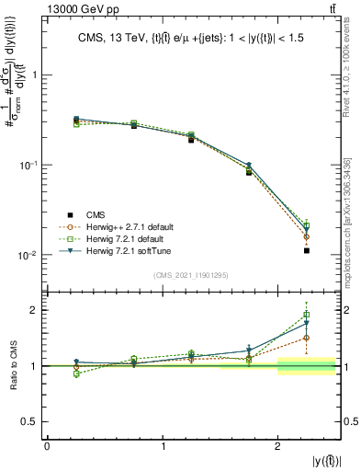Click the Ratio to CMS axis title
point(16,366)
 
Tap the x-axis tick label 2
point(277,446)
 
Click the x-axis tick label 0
point(47,446)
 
